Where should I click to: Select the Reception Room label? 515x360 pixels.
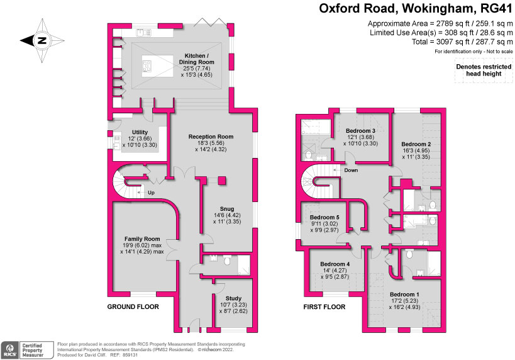tap(211, 137)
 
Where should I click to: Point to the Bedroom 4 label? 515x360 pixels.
tap(335, 264)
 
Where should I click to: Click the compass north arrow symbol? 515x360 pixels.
tap(42, 41)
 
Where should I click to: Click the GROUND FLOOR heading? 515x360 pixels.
tap(133, 307)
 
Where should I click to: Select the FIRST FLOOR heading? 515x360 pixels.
tap(324, 307)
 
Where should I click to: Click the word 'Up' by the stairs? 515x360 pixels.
tap(152, 193)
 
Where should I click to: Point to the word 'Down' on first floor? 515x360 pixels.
tap(351, 170)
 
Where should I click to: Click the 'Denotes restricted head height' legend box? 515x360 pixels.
tap(482, 69)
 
